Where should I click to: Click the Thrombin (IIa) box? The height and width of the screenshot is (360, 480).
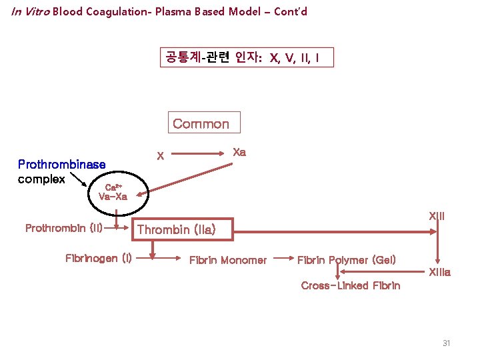[183, 229]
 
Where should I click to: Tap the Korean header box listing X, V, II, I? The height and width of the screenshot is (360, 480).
[246, 58]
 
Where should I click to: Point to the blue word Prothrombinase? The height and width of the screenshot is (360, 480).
[61, 164]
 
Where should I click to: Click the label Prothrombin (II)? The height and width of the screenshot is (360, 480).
[64, 228]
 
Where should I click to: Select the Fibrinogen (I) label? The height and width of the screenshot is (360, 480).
[98, 257]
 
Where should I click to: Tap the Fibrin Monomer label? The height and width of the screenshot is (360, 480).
[228, 260]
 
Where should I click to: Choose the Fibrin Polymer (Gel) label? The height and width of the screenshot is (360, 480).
[346, 259]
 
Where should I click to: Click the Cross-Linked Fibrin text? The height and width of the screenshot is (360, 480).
[351, 285]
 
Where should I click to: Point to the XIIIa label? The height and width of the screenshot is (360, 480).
[440, 272]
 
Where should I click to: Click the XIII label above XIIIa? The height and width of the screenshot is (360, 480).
[437, 216]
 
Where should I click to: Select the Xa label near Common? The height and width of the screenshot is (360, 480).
[239, 152]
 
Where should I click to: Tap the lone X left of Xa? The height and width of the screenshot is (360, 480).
[159, 157]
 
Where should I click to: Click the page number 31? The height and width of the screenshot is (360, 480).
[447, 343]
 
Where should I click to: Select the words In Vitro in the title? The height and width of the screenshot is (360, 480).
[30, 12]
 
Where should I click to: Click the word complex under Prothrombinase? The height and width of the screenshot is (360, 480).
[41, 179]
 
